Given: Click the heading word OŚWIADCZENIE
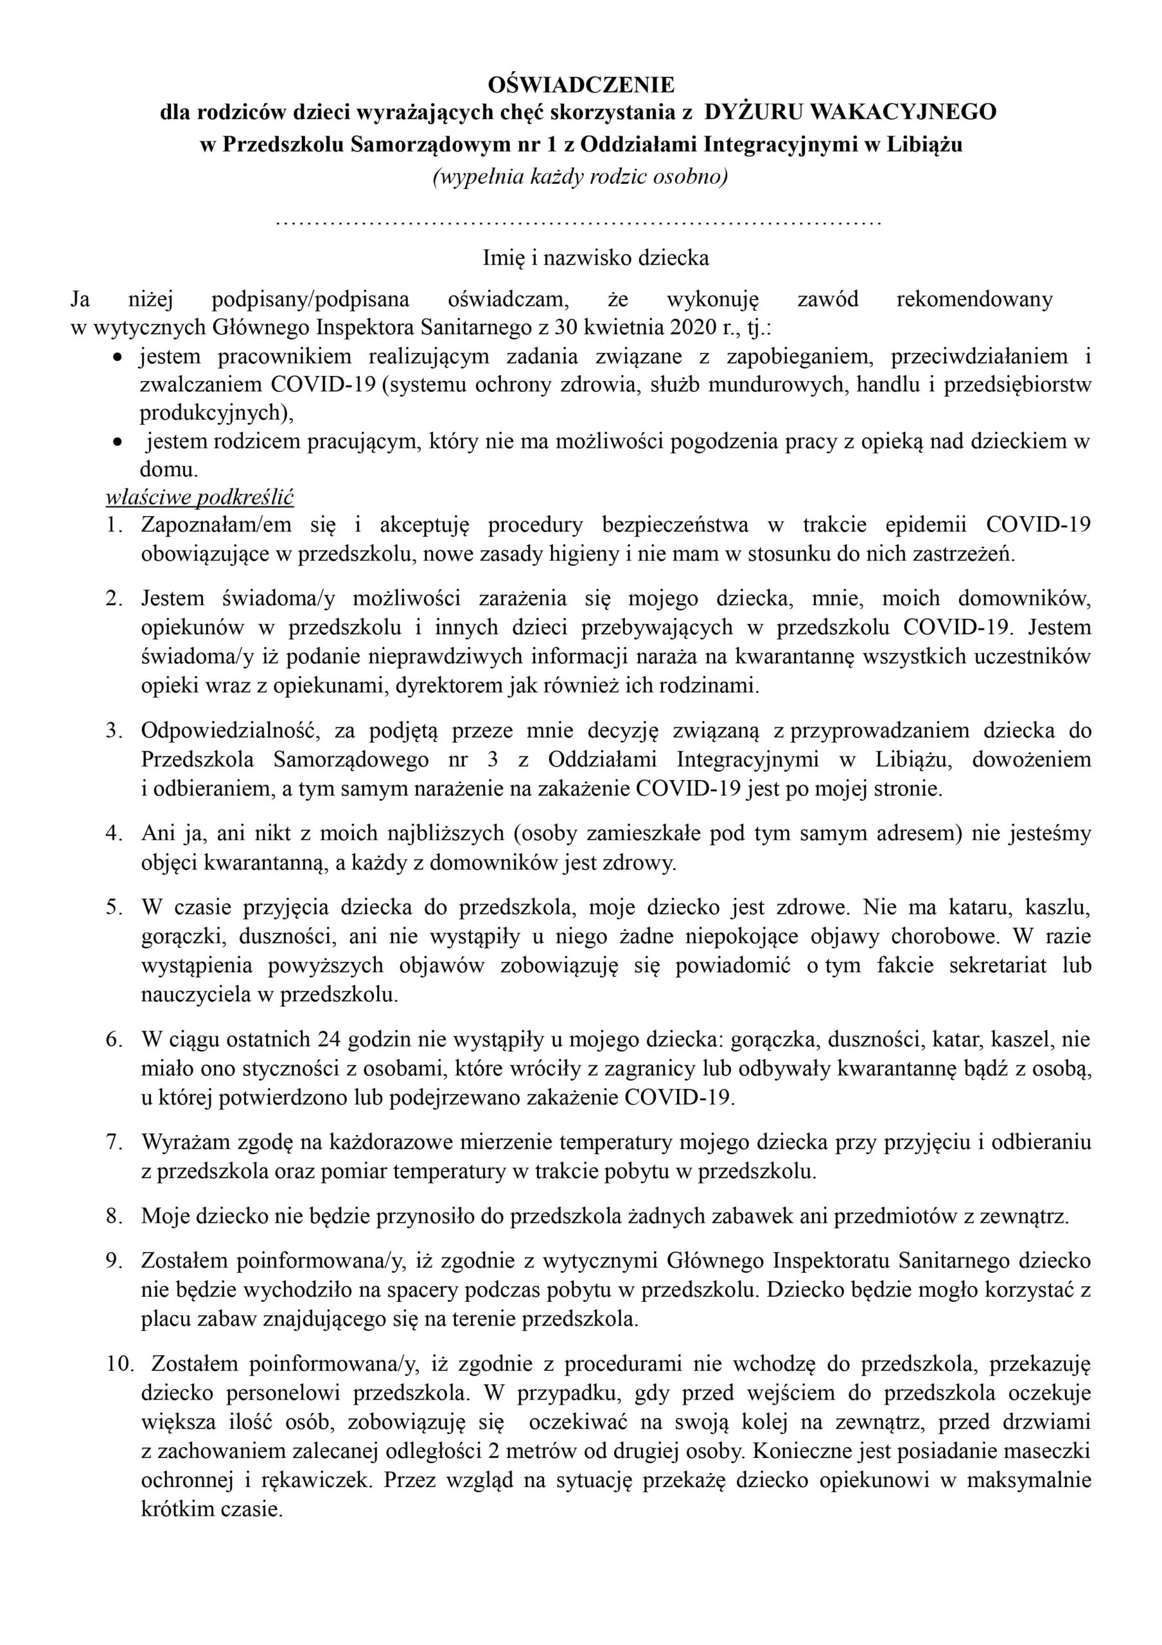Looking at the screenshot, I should click(581, 85).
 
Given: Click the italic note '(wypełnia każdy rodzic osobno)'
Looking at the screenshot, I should click(579, 176).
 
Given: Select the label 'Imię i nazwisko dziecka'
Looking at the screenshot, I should click(596, 257).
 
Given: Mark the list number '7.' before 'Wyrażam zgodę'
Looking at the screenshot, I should click(116, 1143).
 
